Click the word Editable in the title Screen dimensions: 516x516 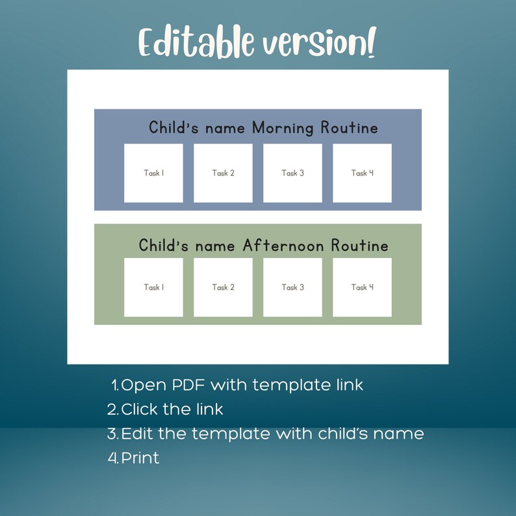click(x=195, y=43)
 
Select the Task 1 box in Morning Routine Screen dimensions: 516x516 click(x=153, y=173)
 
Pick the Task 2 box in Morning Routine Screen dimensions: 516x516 click(x=223, y=173)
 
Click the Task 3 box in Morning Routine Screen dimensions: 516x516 click(x=292, y=173)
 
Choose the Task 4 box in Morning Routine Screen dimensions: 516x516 click(x=362, y=173)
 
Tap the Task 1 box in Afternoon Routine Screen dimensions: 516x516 click(x=153, y=287)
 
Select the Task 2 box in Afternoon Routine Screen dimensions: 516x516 click(x=223, y=287)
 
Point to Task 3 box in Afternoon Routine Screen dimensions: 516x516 click(x=292, y=287)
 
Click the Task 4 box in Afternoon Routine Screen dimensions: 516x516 click(x=362, y=287)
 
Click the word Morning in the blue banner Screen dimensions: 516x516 click(x=283, y=128)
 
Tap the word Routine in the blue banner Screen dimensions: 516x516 click(x=349, y=128)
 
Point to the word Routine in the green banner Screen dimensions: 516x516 click(x=359, y=246)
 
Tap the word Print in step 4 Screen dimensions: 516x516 click(x=140, y=458)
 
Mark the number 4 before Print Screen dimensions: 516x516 click(x=112, y=458)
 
